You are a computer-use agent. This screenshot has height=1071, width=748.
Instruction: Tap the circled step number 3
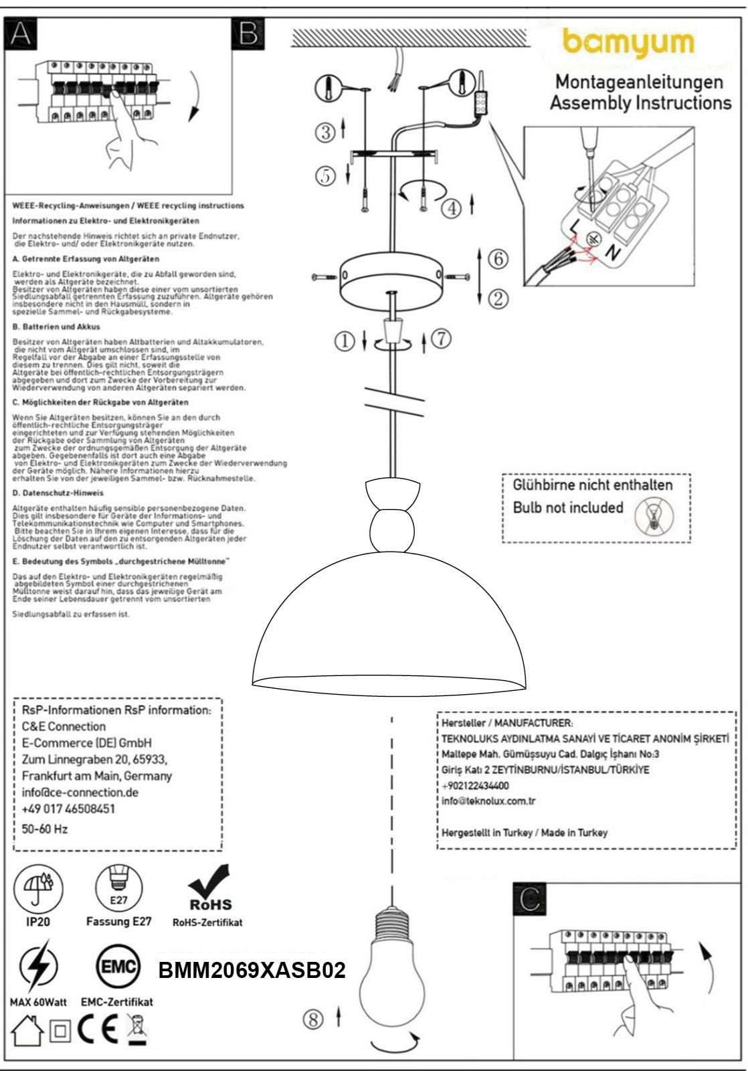(326, 132)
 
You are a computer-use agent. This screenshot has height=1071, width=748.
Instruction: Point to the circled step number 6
(498, 259)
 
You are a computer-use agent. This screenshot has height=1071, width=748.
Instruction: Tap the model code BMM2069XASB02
(252, 970)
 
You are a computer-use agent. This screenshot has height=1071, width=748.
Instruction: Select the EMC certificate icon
(118, 967)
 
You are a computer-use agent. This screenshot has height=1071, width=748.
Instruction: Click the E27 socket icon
(118, 888)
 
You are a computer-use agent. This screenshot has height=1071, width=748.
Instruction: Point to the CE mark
(99, 1031)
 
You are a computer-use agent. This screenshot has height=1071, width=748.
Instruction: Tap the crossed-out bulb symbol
(654, 515)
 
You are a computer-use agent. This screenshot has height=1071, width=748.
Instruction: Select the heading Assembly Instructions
(640, 103)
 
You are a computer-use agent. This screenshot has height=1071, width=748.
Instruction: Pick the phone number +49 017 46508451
(68, 809)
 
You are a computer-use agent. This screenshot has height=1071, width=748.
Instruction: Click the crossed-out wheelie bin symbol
(137, 1029)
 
